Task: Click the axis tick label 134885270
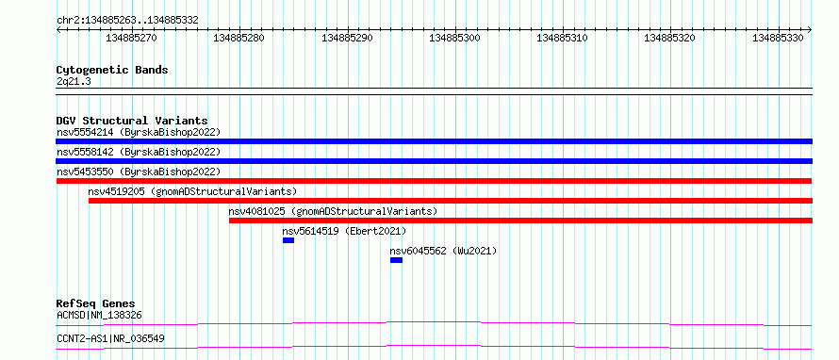(x=132, y=38)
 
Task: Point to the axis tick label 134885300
(x=454, y=38)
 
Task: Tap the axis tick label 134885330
(x=778, y=38)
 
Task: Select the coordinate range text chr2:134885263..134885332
(x=127, y=21)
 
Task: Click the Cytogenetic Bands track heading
(x=112, y=70)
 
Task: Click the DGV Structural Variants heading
(x=132, y=121)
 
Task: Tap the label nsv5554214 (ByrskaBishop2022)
(x=139, y=132)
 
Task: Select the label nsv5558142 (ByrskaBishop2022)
(x=139, y=152)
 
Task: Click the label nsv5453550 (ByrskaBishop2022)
(x=139, y=172)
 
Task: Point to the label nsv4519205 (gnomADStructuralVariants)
(x=192, y=191)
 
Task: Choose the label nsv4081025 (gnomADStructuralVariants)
(x=333, y=211)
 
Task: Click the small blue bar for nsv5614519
(x=288, y=240)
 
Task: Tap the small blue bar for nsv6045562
(x=396, y=260)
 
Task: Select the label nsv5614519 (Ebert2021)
(x=345, y=231)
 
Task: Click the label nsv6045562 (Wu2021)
(x=443, y=251)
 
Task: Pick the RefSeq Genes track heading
(x=96, y=303)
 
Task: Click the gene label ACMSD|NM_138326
(x=99, y=315)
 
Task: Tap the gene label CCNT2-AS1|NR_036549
(x=110, y=338)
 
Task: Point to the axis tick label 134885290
(x=347, y=38)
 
